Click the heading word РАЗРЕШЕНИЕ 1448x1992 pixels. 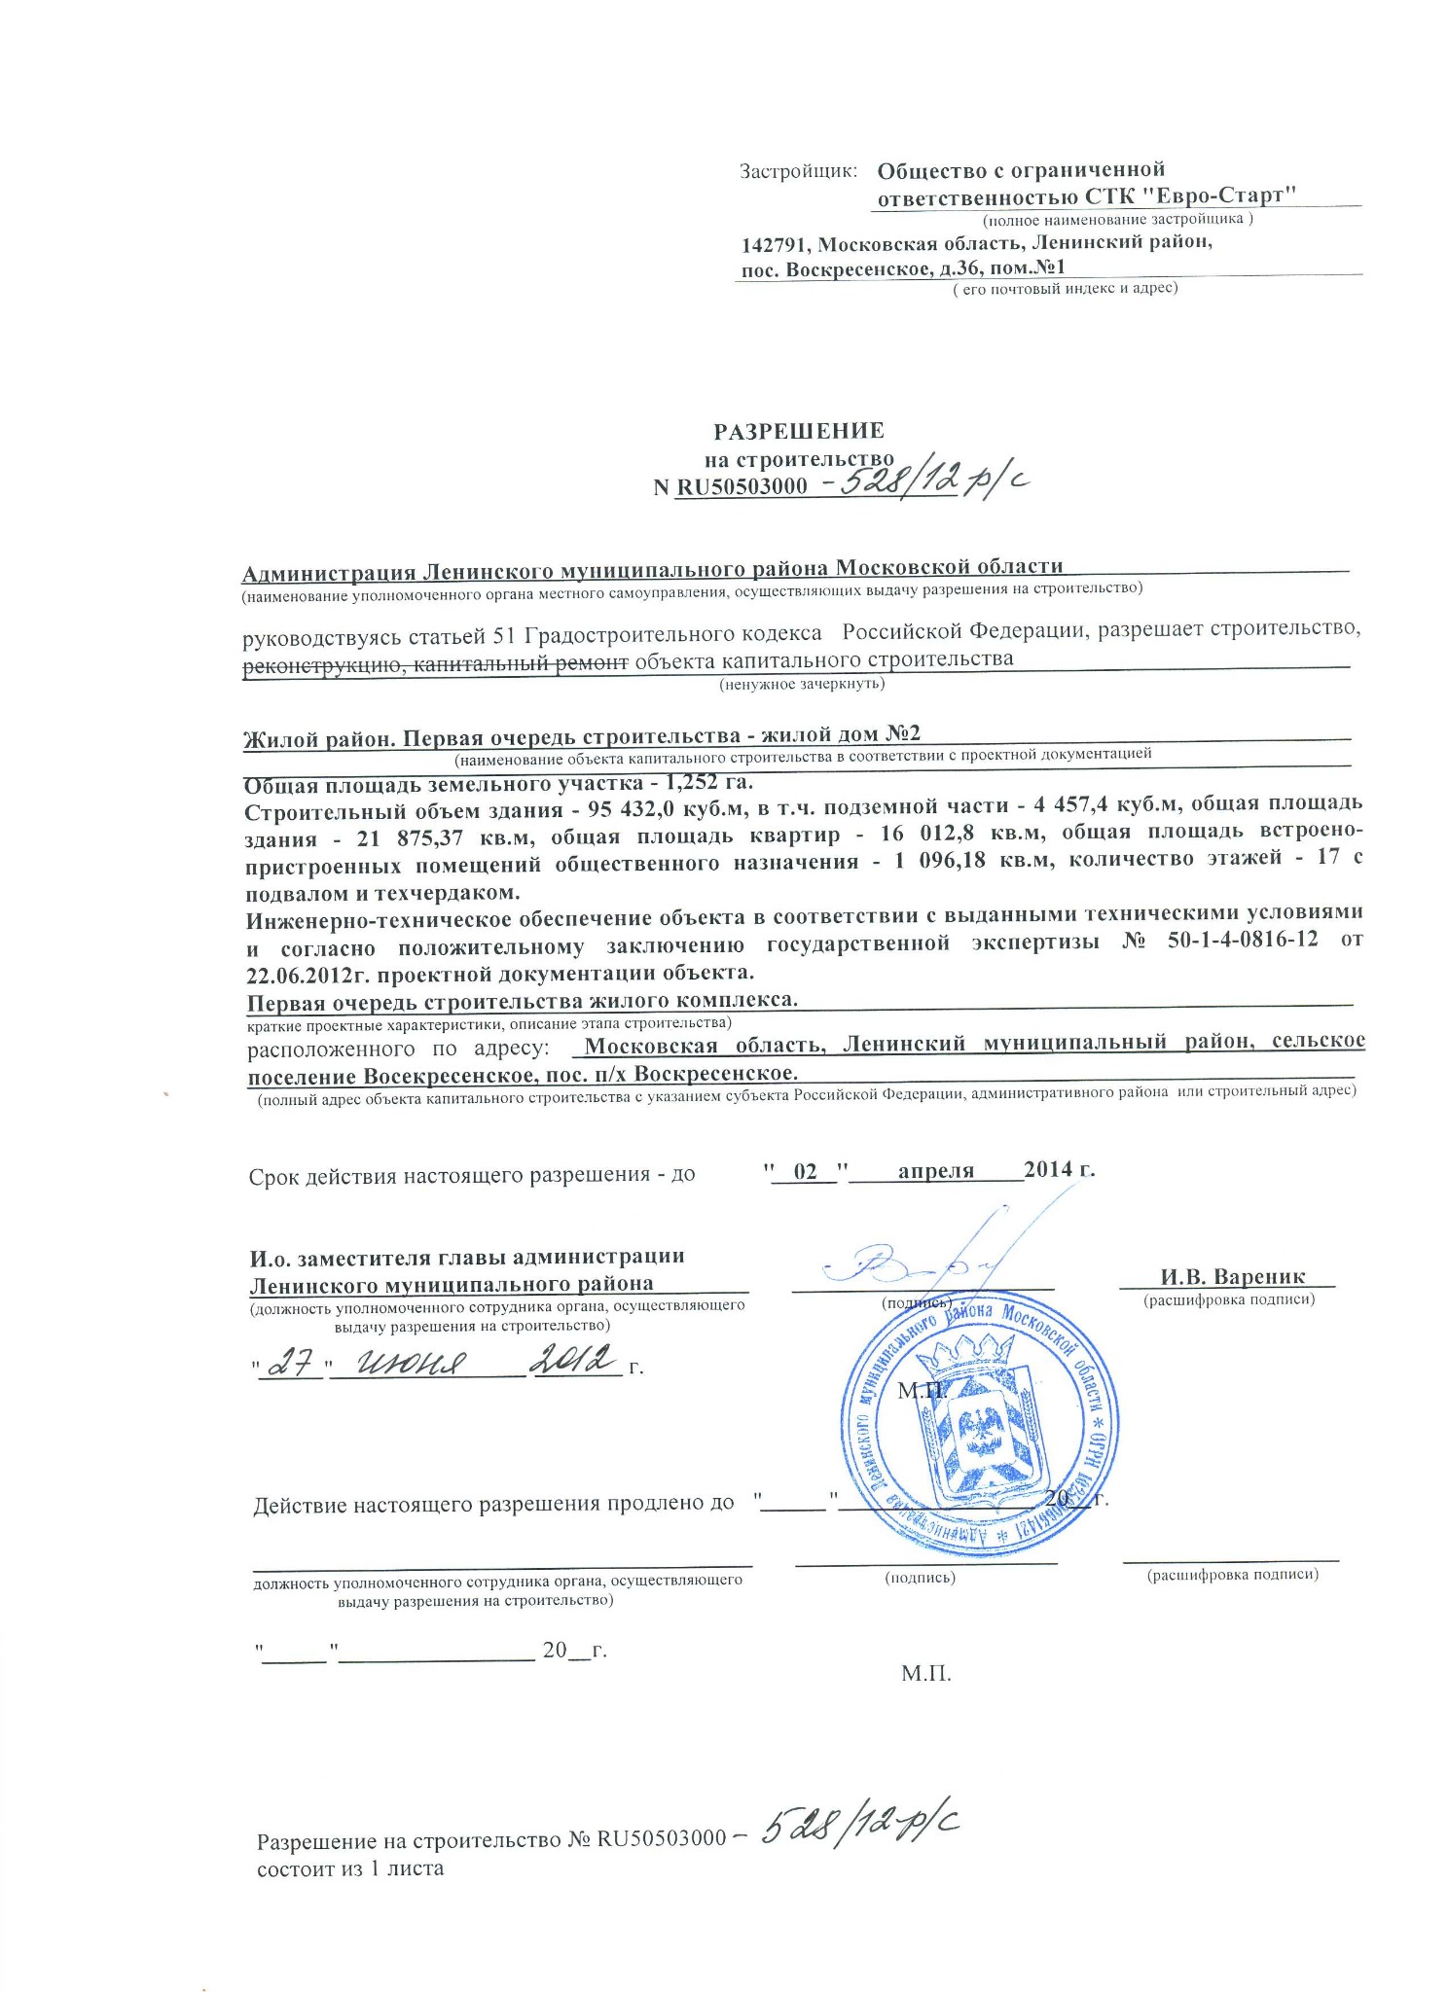coord(799,431)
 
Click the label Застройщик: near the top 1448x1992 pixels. coord(798,171)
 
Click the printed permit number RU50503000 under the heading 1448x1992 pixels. coord(742,486)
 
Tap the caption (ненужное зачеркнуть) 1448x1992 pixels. coord(801,684)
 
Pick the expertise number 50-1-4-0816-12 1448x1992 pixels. coord(1241,942)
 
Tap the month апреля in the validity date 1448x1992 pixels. coord(935,1170)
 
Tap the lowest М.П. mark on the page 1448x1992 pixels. coord(925,1674)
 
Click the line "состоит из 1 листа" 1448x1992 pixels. coord(349,1868)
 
